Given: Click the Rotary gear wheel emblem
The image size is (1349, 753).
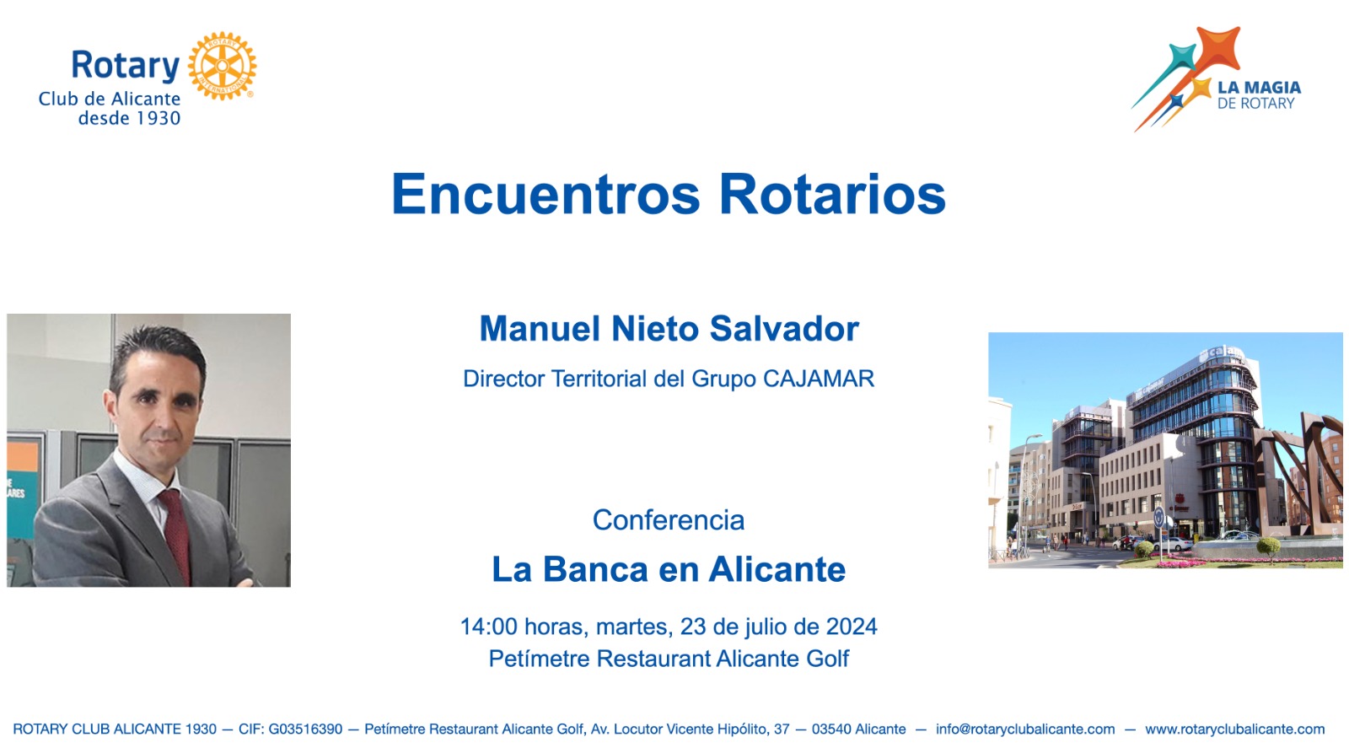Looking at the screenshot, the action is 222,66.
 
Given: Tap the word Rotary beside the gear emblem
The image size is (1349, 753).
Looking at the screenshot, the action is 126,66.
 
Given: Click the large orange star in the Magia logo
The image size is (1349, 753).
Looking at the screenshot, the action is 1218,48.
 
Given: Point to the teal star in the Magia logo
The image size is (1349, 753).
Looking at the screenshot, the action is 1181,58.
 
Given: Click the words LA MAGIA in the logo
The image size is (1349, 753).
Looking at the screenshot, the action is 1260,88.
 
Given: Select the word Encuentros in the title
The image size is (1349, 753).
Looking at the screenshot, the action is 546,194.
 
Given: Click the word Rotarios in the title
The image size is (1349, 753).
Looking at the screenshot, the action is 833,194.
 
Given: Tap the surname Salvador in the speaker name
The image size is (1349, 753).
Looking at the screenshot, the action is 784,329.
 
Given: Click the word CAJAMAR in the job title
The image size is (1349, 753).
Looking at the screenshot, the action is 819,379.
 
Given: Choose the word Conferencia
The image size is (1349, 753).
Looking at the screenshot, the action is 669,520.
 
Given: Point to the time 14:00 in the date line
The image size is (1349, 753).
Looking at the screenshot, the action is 488,627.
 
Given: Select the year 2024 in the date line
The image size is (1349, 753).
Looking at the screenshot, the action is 852,627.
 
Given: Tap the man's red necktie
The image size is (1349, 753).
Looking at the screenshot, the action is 175,535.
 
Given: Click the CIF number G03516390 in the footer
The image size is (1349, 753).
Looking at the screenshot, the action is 305,729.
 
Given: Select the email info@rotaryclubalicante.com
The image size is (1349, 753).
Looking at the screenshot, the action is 1025,729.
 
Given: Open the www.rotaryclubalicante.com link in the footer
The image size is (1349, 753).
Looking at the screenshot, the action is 1234,729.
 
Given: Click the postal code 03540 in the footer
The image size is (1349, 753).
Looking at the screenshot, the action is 831,729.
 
